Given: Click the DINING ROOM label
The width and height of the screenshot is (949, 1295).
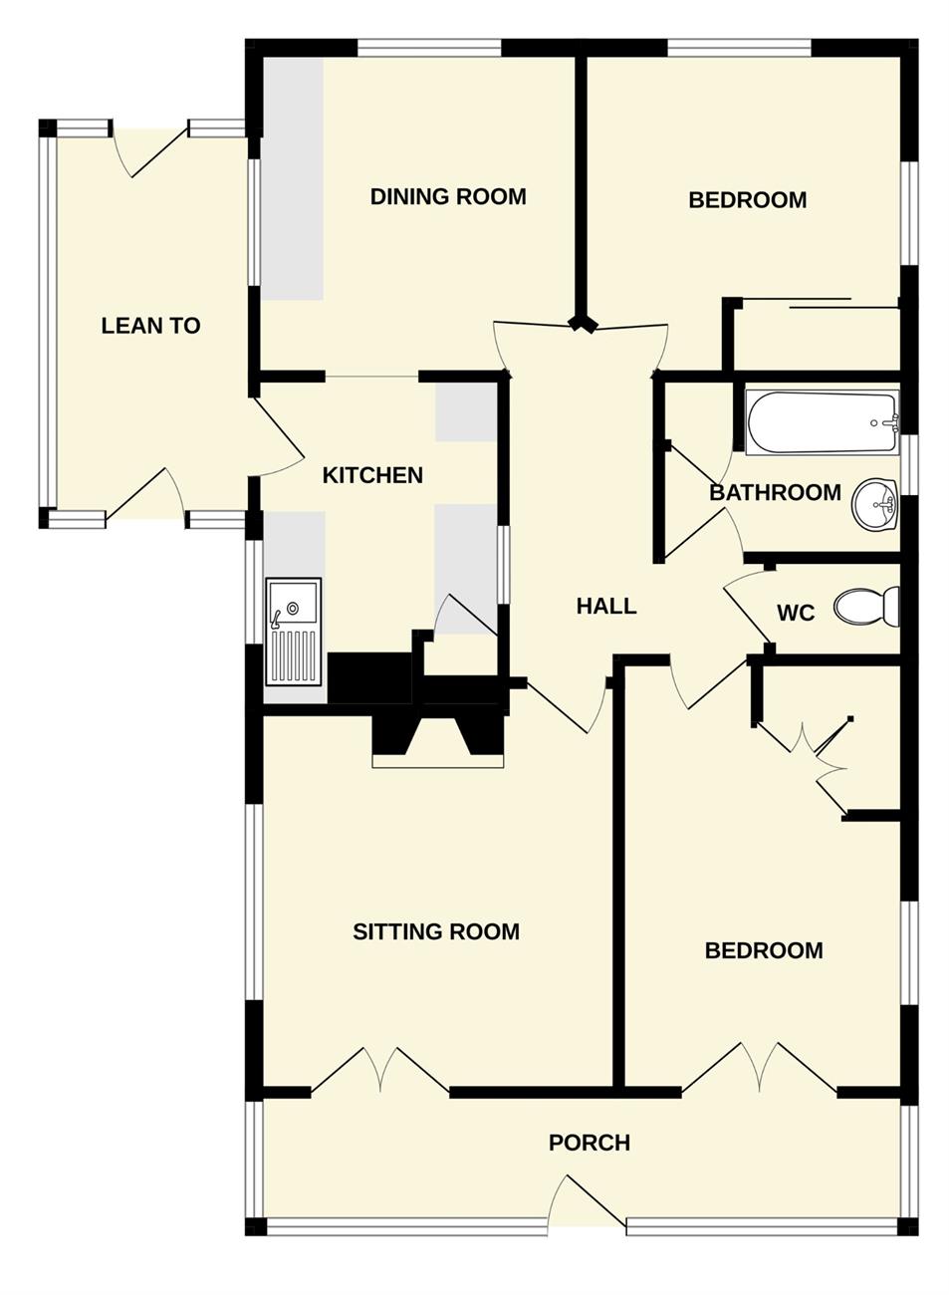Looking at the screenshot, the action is (x=448, y=196).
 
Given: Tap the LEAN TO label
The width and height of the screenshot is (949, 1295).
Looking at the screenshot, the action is (x=150, y=326).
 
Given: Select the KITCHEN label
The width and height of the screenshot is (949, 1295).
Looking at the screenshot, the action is (x=372, y=475).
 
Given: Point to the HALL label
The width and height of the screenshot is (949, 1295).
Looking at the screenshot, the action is (x=606, y=606).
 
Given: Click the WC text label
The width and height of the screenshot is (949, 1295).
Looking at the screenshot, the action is (x=796, y=613).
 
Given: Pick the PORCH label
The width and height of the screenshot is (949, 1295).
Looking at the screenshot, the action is (x=589, y=1143).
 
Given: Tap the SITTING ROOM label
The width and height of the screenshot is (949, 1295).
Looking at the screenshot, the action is (x=436, y=931).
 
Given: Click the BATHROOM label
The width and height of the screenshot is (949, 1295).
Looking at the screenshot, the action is (x=775, y=492).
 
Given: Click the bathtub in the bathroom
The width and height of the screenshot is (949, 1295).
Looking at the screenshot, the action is (x=822, y=422).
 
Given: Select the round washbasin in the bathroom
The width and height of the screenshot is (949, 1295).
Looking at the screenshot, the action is (x=874, y=504).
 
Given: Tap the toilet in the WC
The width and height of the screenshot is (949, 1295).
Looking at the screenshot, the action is (x=866, y=606).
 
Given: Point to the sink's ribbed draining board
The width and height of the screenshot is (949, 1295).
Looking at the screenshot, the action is (x=294, y=657).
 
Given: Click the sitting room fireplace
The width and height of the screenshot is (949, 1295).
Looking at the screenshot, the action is (x=437, y=742).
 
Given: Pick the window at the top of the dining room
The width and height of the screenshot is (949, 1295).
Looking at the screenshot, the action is (x=429, y=48).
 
